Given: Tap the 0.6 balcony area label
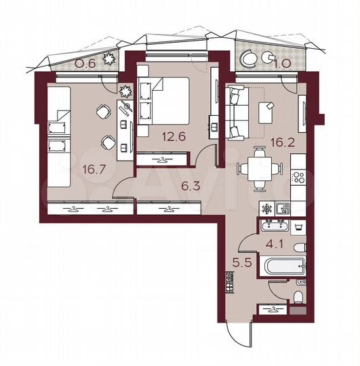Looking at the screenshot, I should [x=84, y=64].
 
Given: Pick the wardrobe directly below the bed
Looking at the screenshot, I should [x=163, y=159].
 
